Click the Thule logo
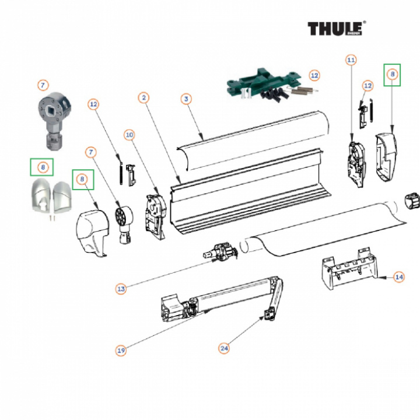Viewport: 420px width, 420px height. click(337, 29)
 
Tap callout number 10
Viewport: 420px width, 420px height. click(129, 135)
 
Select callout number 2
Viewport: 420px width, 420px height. click(143, 97)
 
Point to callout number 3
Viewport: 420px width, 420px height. click(186, 99)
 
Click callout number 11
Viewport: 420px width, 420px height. click(351, 60)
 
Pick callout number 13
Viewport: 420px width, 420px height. click(121, 288)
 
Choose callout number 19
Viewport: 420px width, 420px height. click(121, 351)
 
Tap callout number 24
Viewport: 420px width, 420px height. click(224, 348)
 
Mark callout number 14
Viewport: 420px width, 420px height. click(399, 277)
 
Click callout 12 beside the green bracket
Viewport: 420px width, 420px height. click(314, 75)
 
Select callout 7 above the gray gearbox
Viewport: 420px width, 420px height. click(43, 85)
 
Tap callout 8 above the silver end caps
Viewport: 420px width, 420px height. click(43, 167)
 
